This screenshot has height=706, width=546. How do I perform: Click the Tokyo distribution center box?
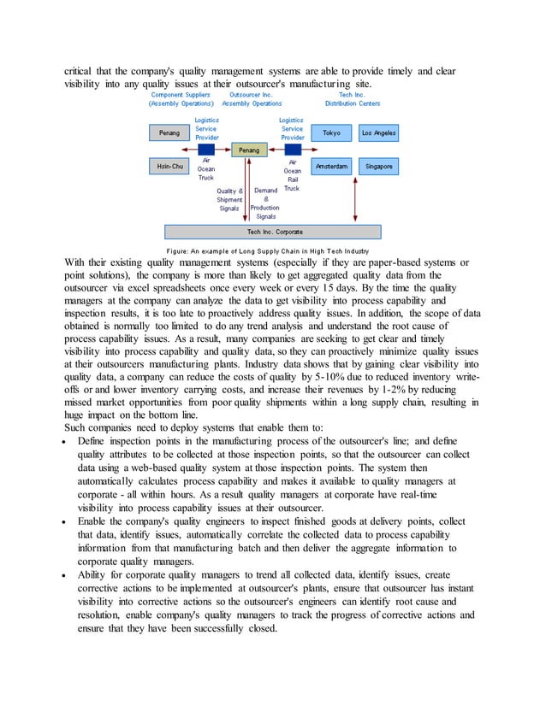331,133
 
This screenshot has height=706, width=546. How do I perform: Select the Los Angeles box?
377,133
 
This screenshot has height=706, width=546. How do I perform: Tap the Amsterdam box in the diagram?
331,166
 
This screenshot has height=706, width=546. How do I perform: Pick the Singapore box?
377,166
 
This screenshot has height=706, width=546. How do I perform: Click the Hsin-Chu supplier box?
169,166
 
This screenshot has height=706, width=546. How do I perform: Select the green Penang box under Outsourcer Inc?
248,150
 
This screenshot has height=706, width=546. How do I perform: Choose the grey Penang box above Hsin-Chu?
169,133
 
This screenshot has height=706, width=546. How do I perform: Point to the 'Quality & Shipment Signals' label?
229,199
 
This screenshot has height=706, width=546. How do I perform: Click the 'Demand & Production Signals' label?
265,203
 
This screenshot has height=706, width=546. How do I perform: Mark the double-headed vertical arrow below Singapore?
378,198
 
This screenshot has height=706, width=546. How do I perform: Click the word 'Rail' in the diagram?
292,179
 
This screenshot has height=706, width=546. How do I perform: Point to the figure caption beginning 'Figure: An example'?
268,250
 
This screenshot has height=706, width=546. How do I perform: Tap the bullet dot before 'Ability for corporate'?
67,575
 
